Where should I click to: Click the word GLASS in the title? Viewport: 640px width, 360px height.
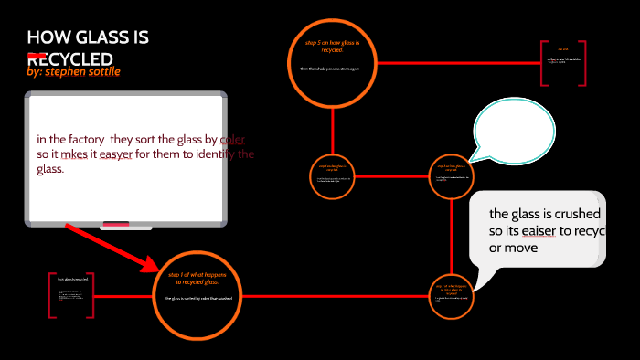click(x=98, y=38)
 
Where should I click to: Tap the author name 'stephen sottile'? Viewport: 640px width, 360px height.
click(x=83, y=71)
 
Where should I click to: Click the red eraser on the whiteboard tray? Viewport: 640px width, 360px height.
click(x=116, y=223)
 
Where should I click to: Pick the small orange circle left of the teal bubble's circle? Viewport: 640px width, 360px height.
click(x=332, y=171)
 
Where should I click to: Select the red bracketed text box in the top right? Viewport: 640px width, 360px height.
click(x=563, y=62)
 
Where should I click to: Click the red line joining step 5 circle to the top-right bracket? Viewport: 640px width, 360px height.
click(x=457, y=63)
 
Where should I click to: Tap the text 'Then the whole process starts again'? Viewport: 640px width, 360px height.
click(x=331, y=69)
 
